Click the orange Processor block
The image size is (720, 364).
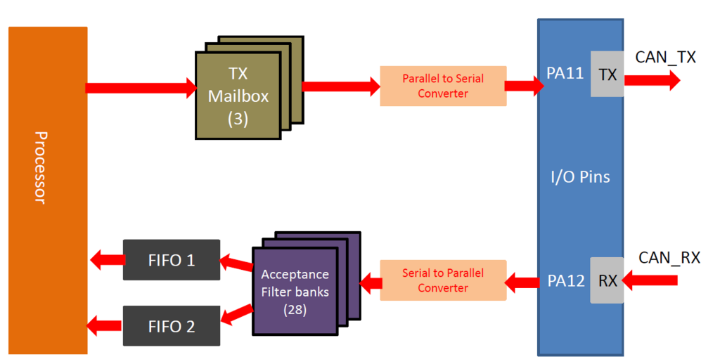point(48,190)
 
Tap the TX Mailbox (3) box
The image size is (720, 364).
point(238,96)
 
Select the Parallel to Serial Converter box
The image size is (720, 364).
point(443,86)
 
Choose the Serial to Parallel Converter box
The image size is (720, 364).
point(443,280)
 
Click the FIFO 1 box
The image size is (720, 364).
point(171,260)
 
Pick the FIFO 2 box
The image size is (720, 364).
point(171,325)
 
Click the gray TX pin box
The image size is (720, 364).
point(607,74)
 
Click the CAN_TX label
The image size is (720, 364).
point(665,58)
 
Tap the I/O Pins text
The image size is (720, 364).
point(580,176)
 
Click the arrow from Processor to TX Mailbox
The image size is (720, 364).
point(141,88)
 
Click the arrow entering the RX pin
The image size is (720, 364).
point(650,281)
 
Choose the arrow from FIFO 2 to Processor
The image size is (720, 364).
point(104,325)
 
